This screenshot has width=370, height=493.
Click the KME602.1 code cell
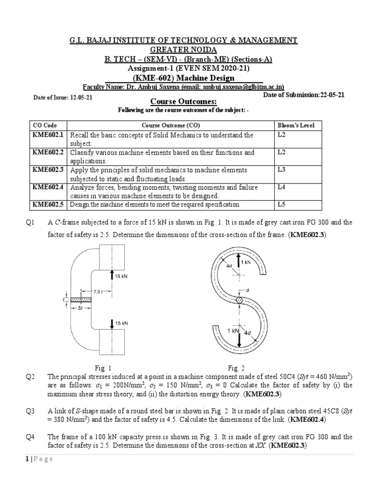coord(48,135)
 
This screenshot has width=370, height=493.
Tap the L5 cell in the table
coord(282,205)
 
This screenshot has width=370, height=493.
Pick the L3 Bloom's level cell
coord(282,170)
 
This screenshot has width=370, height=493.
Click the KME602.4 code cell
coord(48,187)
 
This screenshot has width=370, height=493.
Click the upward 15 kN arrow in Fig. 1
coord(112,276)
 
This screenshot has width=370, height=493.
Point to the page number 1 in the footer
coord(27,459)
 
